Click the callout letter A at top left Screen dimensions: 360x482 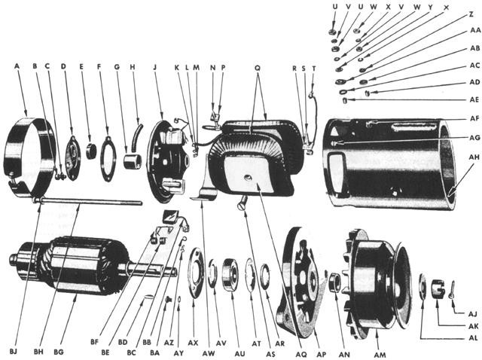pos(16,66)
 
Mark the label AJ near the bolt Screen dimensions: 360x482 pos(473,313)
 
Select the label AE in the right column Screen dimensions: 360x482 pos(474,99)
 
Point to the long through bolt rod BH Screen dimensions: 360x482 pos(90,200)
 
